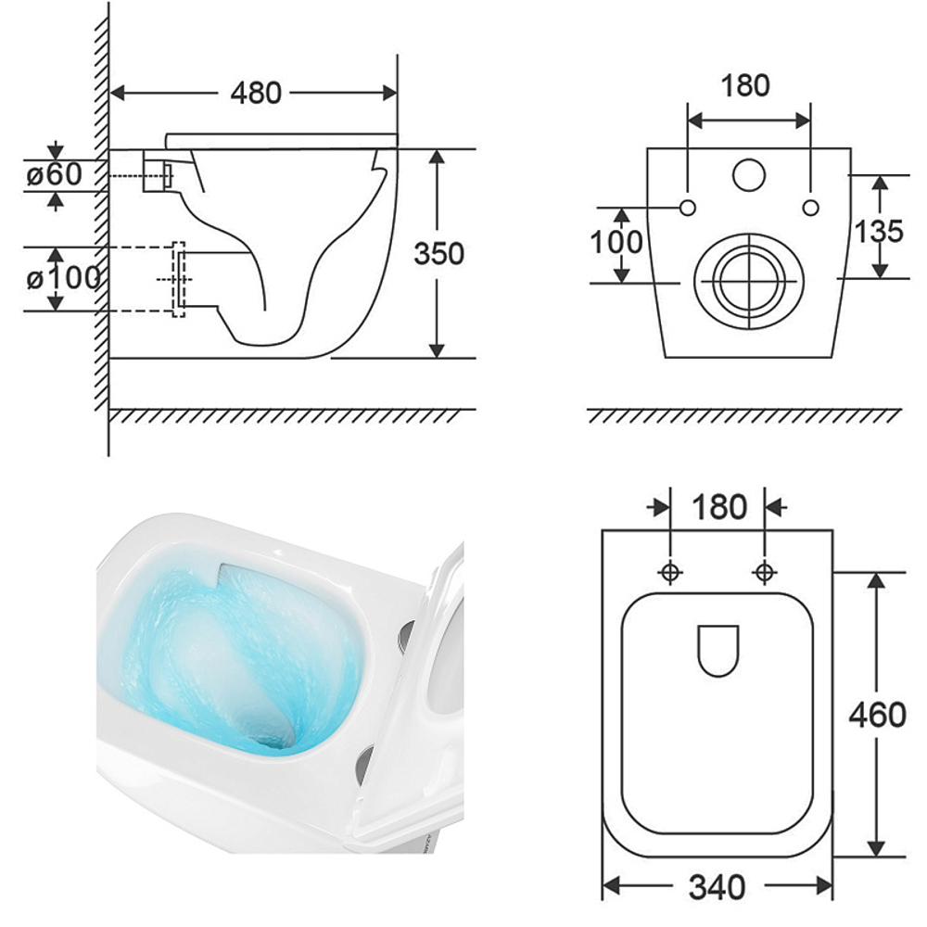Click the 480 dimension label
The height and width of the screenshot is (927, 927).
click(256, 94)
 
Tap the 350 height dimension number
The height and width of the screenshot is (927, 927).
click(438, 254)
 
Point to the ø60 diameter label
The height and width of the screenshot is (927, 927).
click(55, 174)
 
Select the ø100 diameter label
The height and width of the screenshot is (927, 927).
click(63, 278)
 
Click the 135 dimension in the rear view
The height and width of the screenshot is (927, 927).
click(879, 231)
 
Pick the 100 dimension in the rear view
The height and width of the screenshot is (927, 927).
click(616, 242)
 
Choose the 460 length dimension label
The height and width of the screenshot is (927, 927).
click(877, 715)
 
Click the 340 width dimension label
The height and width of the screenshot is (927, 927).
click(717, 887)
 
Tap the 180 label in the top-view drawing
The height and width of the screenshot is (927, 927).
click(719, 507)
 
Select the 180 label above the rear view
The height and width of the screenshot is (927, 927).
click(745, 85)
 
